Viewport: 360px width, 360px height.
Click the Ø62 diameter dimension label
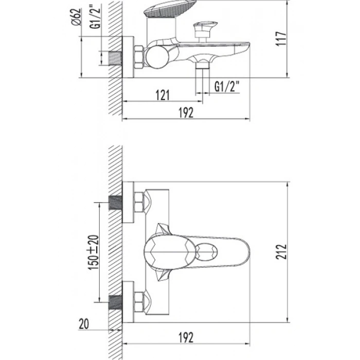coord(77,16)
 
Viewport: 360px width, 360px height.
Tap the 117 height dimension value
coord(281,39)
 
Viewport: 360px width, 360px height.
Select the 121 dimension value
coord(163,95)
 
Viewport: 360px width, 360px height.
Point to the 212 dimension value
coord(281,252)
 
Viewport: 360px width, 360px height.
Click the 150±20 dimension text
coord(94,253)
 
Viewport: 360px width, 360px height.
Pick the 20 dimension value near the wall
coord(83,324)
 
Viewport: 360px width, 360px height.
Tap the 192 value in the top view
coord(186,113)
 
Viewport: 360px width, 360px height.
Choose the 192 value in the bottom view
coord(186,337)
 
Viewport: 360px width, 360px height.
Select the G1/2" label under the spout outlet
coord(227,86)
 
